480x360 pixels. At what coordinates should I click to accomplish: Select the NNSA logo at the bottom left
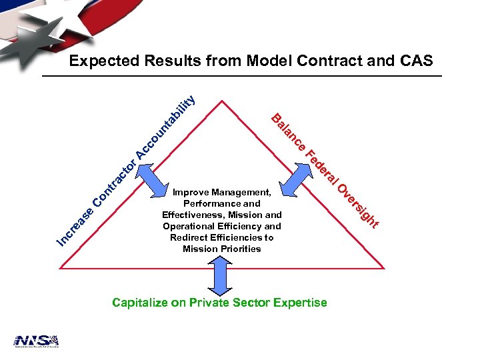pos(37,341)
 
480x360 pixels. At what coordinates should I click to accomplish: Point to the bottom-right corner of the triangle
pos(385,269)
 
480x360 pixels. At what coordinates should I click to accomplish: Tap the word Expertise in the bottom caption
pos(297,303)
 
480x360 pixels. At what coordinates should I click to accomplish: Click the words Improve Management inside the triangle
pos(222,192)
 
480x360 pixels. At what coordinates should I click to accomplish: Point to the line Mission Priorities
pos(222,249)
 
